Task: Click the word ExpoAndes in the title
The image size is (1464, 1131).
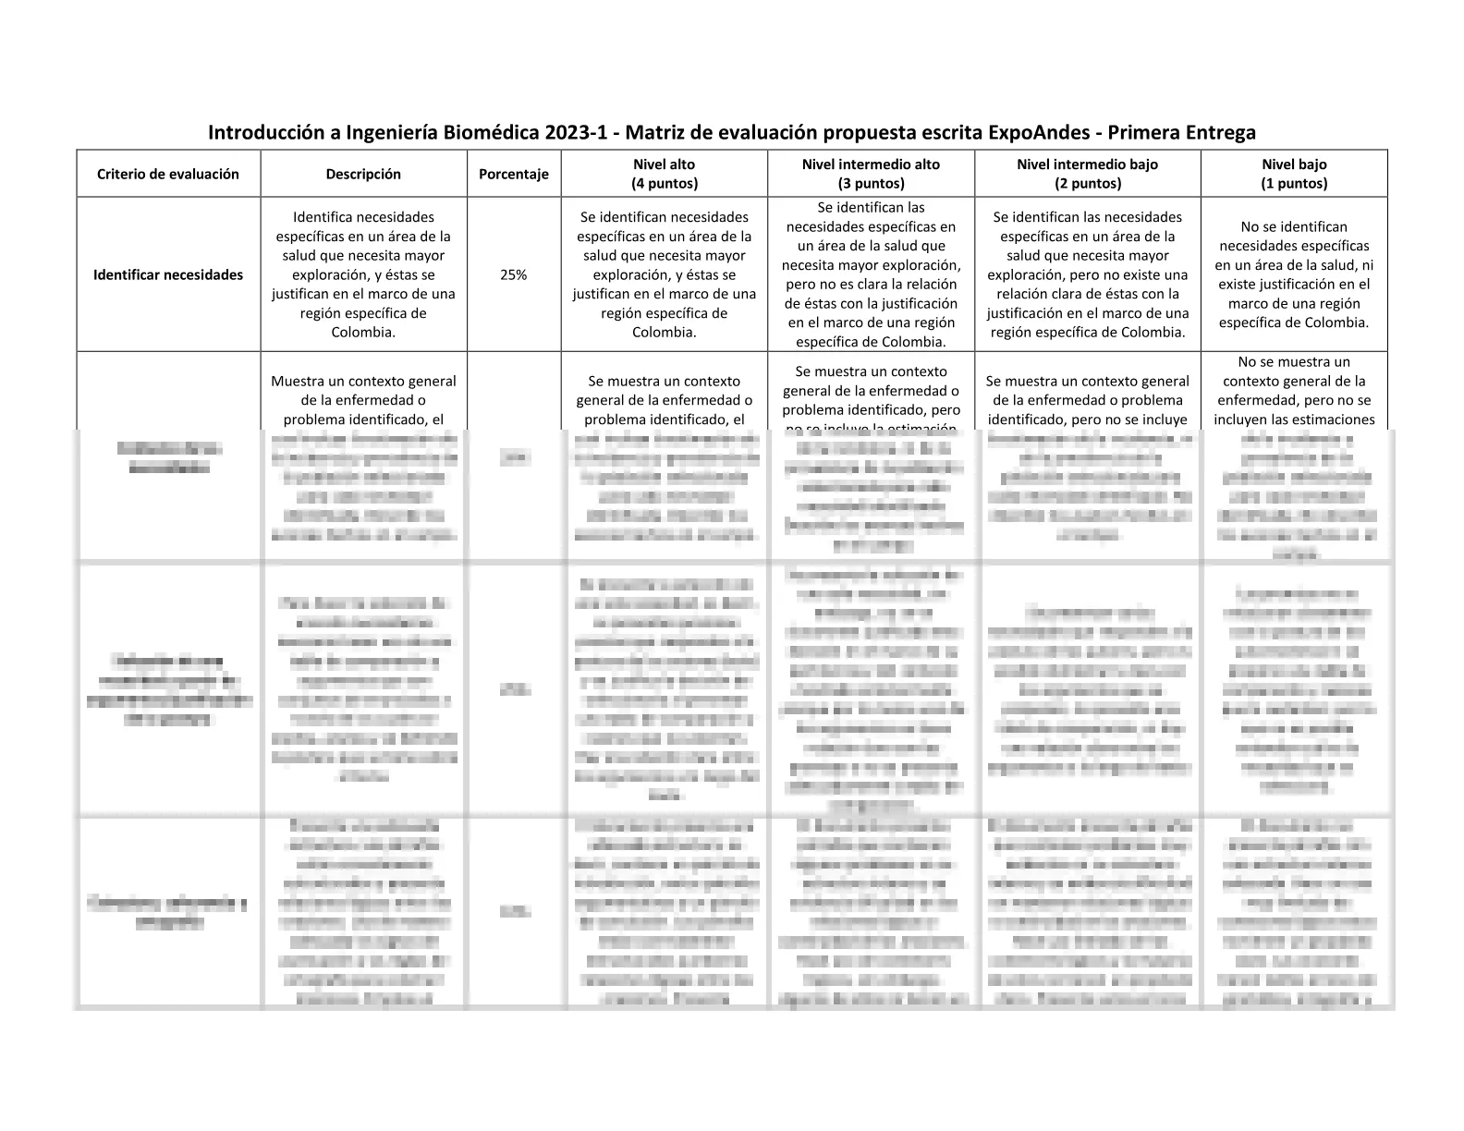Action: coord(1038,132)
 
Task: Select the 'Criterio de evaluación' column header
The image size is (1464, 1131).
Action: coord(168,174)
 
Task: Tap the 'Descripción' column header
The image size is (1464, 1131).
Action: coord(363,174)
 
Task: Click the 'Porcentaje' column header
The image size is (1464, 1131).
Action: coord(514,174)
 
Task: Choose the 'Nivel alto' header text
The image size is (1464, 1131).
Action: coord(665,164)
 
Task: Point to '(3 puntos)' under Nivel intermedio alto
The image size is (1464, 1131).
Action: coord(871,183)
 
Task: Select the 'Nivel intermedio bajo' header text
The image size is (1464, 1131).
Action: coord(1087,164)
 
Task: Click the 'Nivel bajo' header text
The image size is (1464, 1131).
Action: coord(1294,164)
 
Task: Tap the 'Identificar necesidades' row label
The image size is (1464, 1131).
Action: coord(168,274)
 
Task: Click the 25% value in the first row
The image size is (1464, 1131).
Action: coord(514,274)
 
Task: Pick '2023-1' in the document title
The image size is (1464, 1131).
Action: coord(576,132)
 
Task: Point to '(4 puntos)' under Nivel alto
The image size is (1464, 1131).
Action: coord(665,183)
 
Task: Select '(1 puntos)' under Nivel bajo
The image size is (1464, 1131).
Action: coord(1294,183)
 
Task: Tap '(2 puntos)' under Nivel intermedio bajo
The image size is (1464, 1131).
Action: coord(1087,183)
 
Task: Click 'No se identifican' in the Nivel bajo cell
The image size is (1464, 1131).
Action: coord(1294,226)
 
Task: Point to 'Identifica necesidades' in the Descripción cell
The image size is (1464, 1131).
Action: coord(363,217)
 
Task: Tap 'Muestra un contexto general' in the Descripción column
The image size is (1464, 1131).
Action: coord(363,381)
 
